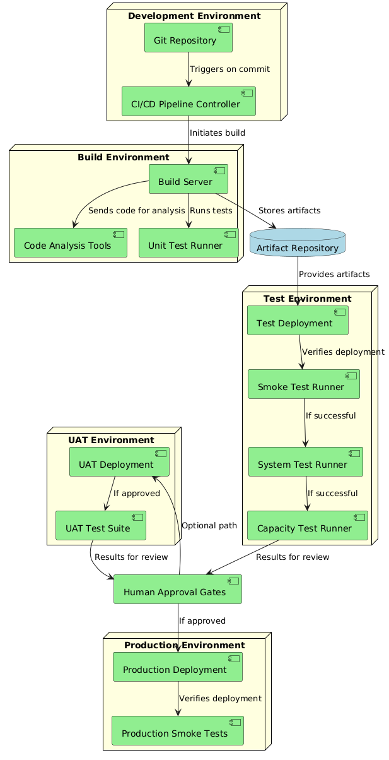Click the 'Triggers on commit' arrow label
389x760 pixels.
(x=229, y=69)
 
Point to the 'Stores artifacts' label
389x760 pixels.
(x=289, y=210)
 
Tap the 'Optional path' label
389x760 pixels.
(x=209, y=525)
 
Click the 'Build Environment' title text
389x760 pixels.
(x=124, y=157)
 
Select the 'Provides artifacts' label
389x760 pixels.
(x=334, y=274)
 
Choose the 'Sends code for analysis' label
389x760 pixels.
(x=136, y=210)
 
